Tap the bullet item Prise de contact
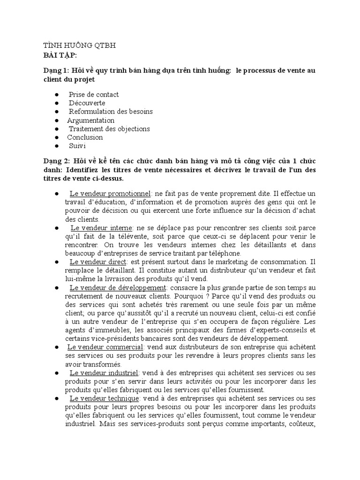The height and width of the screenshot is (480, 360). point(94,95)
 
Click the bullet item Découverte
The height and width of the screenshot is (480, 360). point(87,103)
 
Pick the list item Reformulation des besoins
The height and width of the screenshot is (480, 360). point(111,112)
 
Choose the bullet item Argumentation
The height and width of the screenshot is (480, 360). point(90,120)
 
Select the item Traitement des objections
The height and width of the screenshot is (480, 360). point(109,129)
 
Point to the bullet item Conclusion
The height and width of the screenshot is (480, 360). point(85,137)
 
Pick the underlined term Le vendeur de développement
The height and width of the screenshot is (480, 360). point(118,287)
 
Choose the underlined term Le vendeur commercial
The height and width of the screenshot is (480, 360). point(105,347)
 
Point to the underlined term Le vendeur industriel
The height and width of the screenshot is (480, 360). point(103,373)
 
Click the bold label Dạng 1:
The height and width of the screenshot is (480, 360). point(56,71)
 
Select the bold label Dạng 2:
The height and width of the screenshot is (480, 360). point(56,161)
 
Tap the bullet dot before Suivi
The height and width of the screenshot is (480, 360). point(56,146)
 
